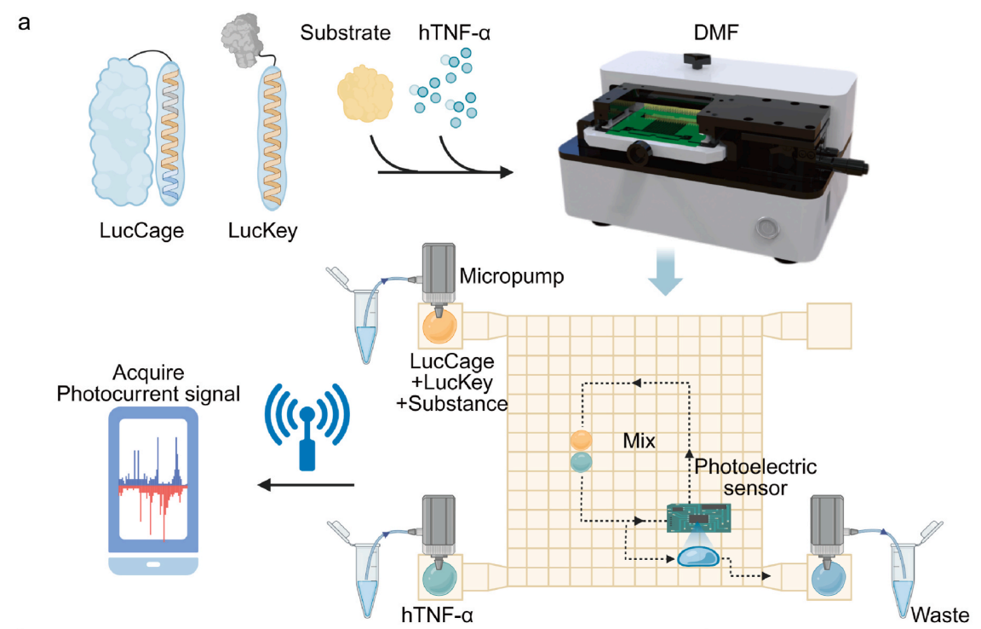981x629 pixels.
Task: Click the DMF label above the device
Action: [x=715, y=32]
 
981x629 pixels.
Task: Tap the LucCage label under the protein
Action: [x=141, y=231]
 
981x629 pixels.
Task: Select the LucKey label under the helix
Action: [x=263, y=231]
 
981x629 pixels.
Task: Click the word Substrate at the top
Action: [x=346, y=32]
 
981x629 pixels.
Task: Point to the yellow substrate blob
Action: [x=365, y=93]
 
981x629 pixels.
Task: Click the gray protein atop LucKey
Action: [x=241, y=34]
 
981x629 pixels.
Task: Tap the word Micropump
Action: [x=512, y=276]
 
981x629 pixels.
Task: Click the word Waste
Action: [x=940, y=615]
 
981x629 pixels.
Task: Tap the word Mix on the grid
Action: [x=639, y=441]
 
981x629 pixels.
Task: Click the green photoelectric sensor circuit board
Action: [x=698, y=517]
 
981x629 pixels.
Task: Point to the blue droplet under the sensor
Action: [x=698, y=557]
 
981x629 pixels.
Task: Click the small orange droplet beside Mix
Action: [x=582, y=440]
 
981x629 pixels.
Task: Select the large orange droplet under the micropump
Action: [x=439, y=327]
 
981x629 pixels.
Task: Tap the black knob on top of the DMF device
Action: [x=697, y=61]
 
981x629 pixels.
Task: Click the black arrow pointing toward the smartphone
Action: [x=307, y=484]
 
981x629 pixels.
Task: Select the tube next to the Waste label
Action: [x=910, y=564]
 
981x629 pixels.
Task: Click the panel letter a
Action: [x=24, y=23]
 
